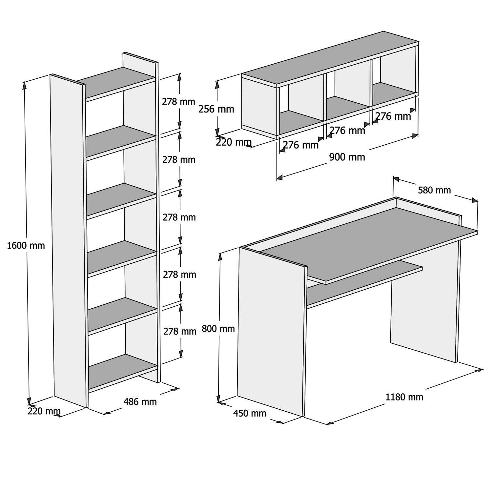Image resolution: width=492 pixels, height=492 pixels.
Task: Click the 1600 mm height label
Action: tap(26, 245)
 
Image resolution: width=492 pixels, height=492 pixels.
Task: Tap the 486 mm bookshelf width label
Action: tap(140, 401)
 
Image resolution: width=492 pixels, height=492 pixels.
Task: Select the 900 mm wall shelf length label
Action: tap(347, 157)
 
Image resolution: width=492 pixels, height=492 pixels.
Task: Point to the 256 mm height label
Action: tap(216, 109)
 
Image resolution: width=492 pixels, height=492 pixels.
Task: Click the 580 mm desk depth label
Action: tap(434, 190)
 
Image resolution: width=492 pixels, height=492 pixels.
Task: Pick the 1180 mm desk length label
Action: tap(404, 397)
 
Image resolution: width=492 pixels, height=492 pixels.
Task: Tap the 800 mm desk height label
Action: tap(218, 328)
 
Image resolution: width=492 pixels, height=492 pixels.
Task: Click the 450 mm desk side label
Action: tap(250, 413)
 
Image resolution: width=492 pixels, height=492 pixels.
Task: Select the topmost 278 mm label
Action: tap(178, 102)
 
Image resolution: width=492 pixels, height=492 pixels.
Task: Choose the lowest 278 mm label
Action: tap(180, 331)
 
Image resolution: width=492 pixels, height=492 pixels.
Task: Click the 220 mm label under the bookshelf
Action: tap(44, 411)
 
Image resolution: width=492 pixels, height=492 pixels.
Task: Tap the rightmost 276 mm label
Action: tap(393, 116)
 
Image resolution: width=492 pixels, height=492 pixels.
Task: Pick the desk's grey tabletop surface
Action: tap(367, 243)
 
